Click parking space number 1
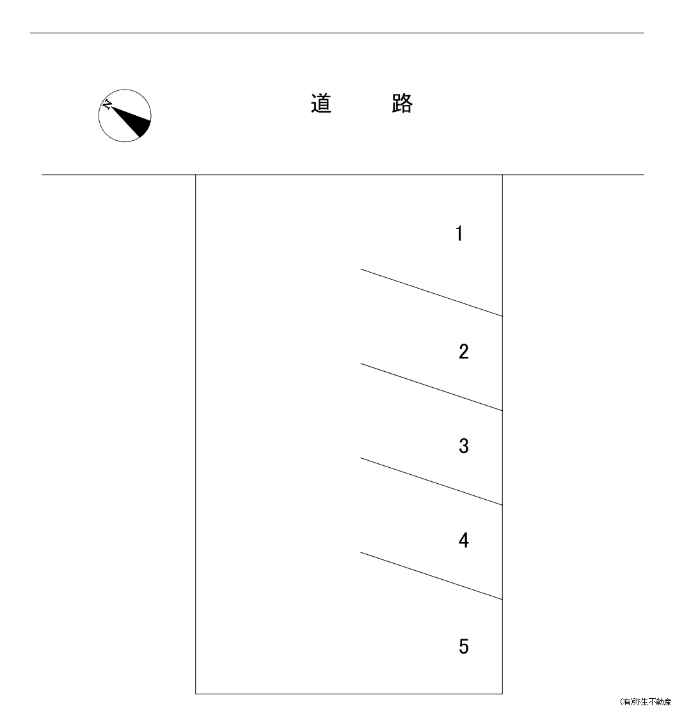459,234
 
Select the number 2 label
464,351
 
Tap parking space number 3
464,446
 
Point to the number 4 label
464,540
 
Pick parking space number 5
464,646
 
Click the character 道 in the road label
321,104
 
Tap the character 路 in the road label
402,104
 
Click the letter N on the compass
107,105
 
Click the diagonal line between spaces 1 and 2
432,292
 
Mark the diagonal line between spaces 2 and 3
432,387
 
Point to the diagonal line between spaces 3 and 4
432,481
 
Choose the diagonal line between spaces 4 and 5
432,576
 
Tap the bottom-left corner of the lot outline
196,694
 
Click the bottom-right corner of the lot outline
502,694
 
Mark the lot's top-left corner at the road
196,175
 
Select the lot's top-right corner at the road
502,175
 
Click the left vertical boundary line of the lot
196,435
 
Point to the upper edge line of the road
337,33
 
